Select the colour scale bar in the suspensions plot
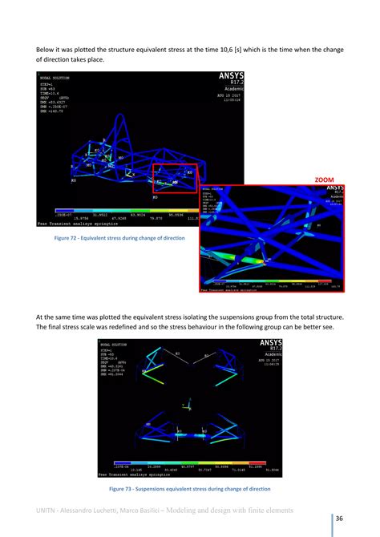click(189, 463)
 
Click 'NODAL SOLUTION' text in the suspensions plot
click(112, 344)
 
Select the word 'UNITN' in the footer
click(49, 510)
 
